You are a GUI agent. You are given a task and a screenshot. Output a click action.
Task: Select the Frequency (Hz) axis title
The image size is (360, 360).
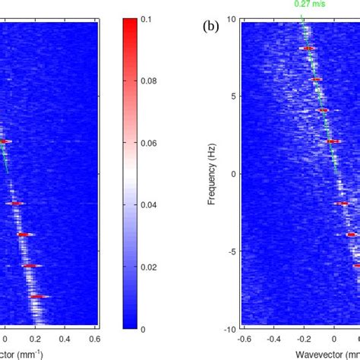coord(216,172)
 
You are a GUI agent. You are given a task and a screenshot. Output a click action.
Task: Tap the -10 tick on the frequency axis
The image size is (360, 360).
coord(229,330)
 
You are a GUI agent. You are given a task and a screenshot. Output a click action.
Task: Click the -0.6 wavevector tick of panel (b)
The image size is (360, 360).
coord(245,338)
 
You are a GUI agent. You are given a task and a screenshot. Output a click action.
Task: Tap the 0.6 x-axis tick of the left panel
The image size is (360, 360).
coord(96,339)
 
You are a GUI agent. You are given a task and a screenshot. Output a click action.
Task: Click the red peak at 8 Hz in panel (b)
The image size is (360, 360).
coord(308,49)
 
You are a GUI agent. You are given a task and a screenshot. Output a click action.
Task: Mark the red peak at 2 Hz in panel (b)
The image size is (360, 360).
coord(332,141)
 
